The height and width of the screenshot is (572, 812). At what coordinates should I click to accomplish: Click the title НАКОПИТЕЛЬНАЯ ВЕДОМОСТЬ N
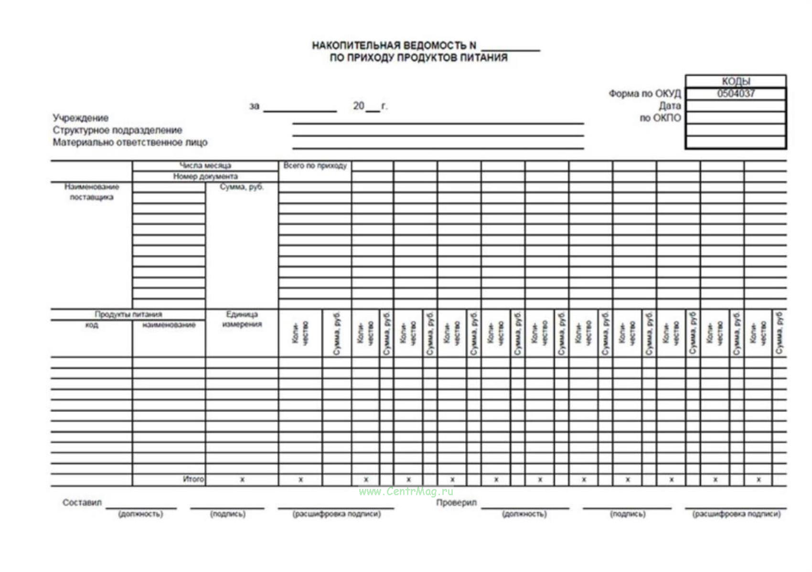[x=394, y=45]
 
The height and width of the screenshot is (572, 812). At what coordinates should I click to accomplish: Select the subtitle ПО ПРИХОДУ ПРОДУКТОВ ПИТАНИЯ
[x=418, y=58]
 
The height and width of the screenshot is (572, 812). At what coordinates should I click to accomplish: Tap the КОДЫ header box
[x=736, y=81]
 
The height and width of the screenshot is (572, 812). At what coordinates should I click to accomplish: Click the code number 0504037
[x=736, y=94]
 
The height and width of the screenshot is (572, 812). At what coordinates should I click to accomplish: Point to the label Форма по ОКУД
[x=644, y=94]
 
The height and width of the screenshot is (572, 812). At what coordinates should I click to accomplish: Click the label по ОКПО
[x=660, y=118]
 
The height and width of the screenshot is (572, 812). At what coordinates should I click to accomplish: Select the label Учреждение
[x=80, y=118]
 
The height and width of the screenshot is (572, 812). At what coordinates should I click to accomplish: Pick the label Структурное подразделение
[x=117, y=130]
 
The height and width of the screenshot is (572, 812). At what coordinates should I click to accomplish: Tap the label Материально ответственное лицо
[x=130, y=142]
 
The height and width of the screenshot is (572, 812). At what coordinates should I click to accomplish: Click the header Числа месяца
[x=205, y=166]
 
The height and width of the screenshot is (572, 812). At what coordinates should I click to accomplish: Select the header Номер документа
[x=205, y=177]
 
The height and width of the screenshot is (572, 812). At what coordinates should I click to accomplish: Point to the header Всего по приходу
[x=315, y=166]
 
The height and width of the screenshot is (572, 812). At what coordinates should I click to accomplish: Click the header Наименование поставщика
[x=91, y=192]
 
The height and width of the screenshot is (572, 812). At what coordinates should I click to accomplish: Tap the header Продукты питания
[x=128, y=314]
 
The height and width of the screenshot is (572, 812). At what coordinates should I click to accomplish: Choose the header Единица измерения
[x=242, y=319]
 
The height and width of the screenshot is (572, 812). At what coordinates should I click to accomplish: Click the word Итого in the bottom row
[x=193, y=479]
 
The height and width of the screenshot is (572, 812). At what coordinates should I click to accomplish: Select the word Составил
[x=82, y=502]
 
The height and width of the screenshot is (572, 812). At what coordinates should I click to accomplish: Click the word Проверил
[x=456, y=502]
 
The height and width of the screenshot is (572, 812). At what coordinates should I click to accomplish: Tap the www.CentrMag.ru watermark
[x=406, y=491]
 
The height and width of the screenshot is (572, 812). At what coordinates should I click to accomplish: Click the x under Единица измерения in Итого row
[x=242, y=479]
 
